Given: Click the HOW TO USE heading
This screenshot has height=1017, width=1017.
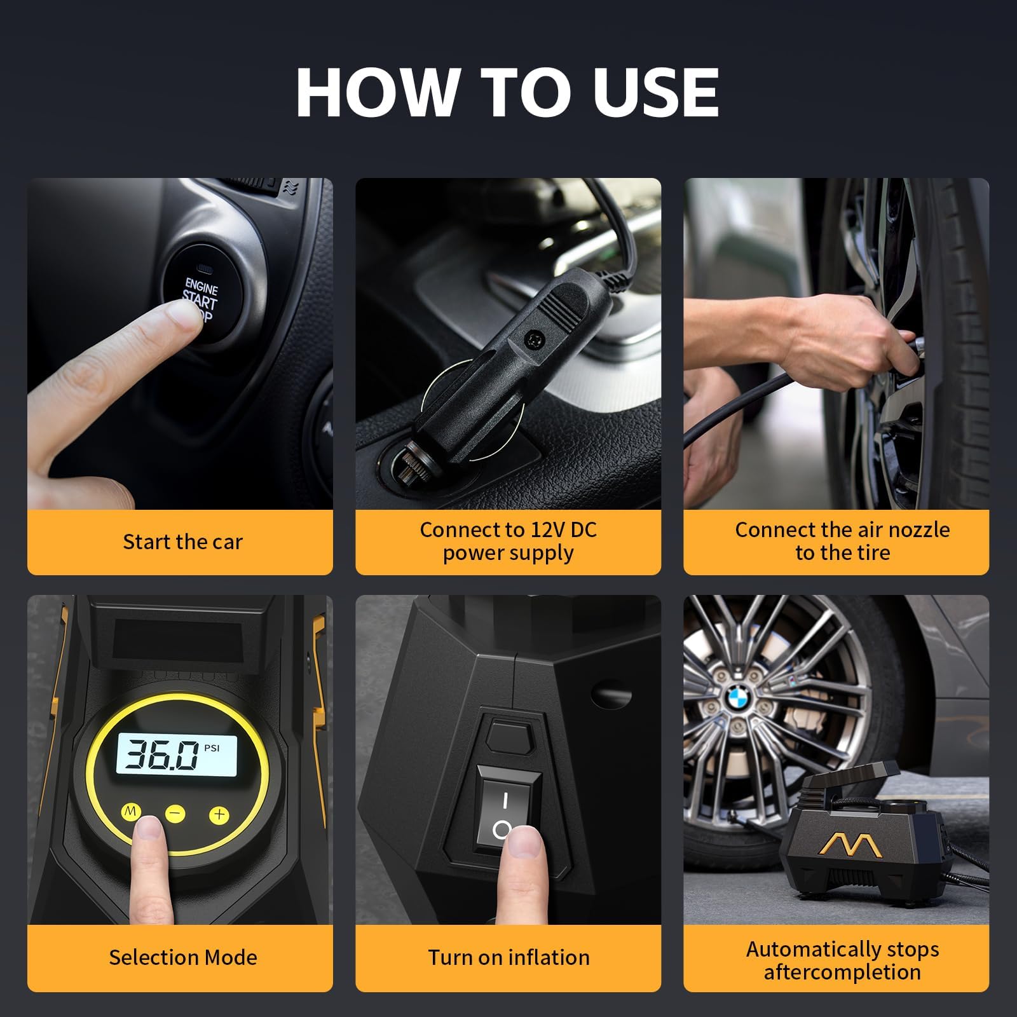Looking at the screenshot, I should click(507, 92).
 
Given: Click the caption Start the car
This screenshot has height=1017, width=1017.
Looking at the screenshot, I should click(182, 542).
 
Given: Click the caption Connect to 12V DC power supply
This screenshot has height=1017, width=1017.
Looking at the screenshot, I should click(508, 542).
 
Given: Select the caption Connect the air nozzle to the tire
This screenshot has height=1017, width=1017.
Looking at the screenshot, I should click(842, 542).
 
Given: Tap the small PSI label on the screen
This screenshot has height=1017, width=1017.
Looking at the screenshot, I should click(212, 748).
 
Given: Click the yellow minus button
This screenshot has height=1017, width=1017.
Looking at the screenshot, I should click(175, 814).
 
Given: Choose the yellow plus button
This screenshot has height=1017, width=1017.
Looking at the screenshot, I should click(219, 814).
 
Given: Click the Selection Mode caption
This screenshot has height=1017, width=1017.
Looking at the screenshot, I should click(182, 957).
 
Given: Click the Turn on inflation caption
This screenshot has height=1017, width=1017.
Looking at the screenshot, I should click(508, 957).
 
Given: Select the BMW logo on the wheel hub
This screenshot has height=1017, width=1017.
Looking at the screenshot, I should click(739, 702).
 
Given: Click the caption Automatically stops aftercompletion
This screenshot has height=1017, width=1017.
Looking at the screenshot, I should click(842, 960).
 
